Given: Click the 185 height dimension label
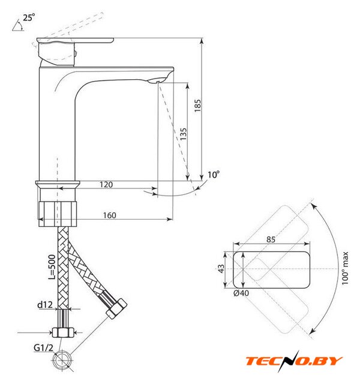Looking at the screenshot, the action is point(197,106).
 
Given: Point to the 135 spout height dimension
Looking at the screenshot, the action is point(183,134).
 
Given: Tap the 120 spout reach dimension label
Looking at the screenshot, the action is point(106,184).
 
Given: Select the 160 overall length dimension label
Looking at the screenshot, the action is point(109,215).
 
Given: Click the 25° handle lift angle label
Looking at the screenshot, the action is point(29,17).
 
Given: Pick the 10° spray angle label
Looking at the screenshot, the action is point(214,175).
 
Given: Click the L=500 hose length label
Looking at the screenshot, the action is point(52,267).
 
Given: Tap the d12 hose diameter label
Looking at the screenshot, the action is point(45,305).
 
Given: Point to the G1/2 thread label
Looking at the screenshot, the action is point(43,347).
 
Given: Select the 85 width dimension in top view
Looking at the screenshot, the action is point(271,239).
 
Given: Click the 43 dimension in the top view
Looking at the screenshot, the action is point(221,269).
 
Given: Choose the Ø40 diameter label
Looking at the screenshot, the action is point(241,293).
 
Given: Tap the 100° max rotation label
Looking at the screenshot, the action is point(345,268).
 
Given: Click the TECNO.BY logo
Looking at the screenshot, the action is point(294,361).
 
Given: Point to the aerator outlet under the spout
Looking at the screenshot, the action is point(157,80).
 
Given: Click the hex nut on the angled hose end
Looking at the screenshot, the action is point(116,308).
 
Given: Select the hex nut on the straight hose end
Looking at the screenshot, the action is point(62,332).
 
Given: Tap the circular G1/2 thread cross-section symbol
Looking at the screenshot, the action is point(62,361).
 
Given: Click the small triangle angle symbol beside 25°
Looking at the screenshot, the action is point(18,26).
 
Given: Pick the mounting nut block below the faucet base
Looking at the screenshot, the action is point(58,214).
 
